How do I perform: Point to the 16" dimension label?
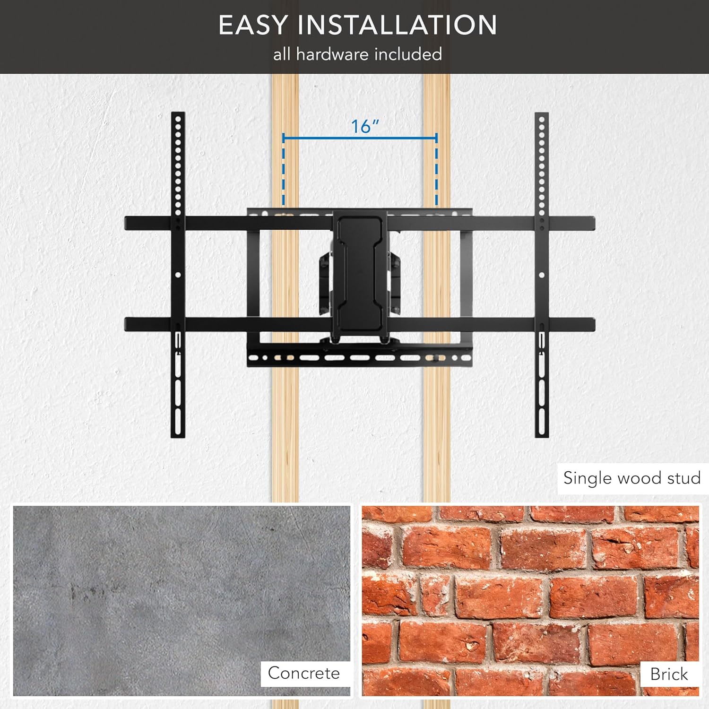tap(365, 126)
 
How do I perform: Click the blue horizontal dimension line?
tap(360, 138)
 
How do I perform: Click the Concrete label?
tap(304, 673)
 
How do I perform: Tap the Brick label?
tap(669, 674)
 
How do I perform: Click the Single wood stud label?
tap(632, 478)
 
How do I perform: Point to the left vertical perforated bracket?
tap(178, 274)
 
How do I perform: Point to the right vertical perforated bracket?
tap(542, 274)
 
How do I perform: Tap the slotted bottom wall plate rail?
tap(360, 357)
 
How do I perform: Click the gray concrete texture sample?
tap(182, 600)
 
